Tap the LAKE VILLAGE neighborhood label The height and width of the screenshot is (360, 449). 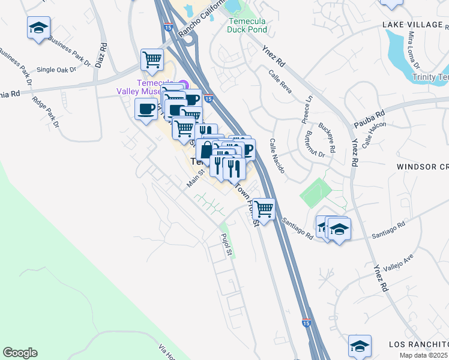tap(415, 25)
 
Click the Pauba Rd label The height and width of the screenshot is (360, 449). tap(372, 113)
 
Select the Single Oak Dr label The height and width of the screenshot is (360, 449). tap(56, 70)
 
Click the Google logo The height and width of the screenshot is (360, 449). tap(20, 353)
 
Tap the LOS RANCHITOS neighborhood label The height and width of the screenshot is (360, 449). tap(418, 344)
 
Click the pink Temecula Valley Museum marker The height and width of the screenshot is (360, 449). tap(184, 85)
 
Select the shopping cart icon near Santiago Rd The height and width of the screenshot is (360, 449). tap(263, 209)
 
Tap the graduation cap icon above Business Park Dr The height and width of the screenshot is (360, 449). tap(38, 28)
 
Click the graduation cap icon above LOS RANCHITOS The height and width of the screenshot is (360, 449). tap(359, 346)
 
